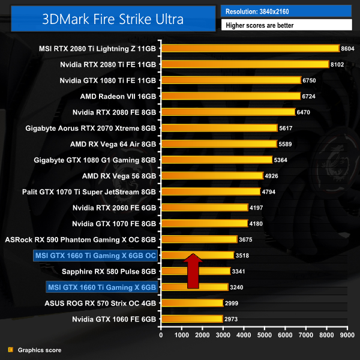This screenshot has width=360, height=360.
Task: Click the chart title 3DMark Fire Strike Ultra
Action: [x=109, y=18]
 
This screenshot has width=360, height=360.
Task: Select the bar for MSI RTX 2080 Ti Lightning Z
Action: [x=250, y=48]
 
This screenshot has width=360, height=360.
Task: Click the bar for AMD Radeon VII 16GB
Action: [x=230, y=96]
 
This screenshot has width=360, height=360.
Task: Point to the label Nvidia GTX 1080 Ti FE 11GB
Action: [x=108, y=80]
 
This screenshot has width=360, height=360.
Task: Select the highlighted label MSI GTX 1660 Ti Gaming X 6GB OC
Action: [x=95, y=256]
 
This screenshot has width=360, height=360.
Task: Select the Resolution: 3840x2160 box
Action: [x=286, y=11]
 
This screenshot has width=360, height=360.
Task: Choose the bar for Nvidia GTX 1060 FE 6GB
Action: [x=191, y=319]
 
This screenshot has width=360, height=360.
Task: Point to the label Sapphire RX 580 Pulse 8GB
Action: [x=113, y=271]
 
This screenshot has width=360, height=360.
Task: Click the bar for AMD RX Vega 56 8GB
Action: [x=212, y=176]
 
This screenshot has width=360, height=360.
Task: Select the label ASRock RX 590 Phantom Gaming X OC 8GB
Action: [x=80, y=239]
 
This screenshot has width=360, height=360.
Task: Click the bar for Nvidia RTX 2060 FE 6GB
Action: [x=204, y=208]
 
